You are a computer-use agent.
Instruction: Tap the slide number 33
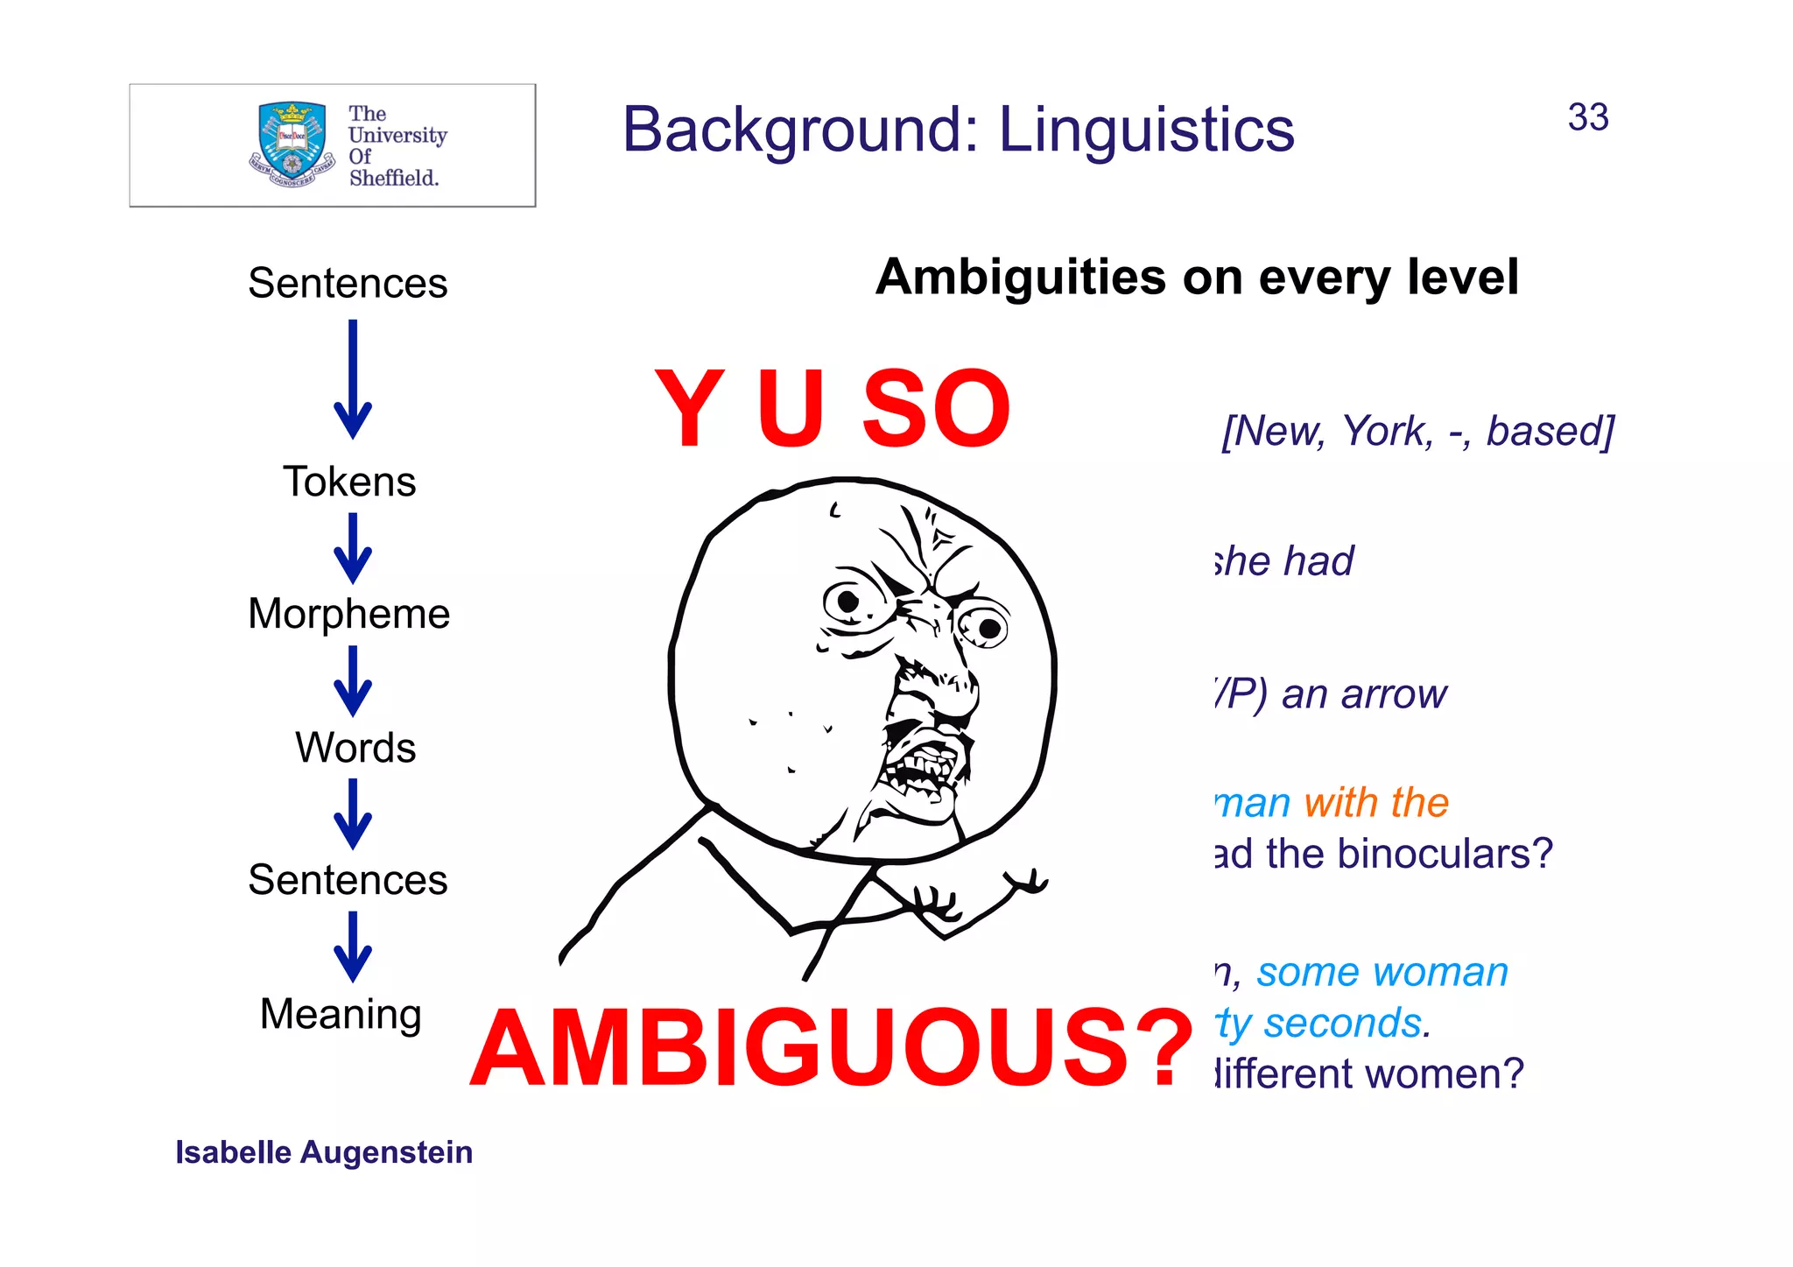1587,117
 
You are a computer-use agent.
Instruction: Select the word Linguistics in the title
1146,130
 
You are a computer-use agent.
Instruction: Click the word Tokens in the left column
349,482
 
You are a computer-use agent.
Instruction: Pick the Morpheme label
348,614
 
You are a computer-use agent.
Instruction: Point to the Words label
355,748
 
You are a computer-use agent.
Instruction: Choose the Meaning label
341,1014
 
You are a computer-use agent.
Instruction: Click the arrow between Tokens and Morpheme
353,549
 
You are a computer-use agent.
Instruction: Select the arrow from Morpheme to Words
353,681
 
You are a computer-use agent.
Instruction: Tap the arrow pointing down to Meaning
353,947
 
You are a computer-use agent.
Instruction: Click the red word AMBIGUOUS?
831,1048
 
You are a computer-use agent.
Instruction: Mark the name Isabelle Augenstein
324,1152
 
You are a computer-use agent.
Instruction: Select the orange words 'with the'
1375,802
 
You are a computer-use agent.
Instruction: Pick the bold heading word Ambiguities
1022,278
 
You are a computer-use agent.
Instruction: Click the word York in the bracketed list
1389,432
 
